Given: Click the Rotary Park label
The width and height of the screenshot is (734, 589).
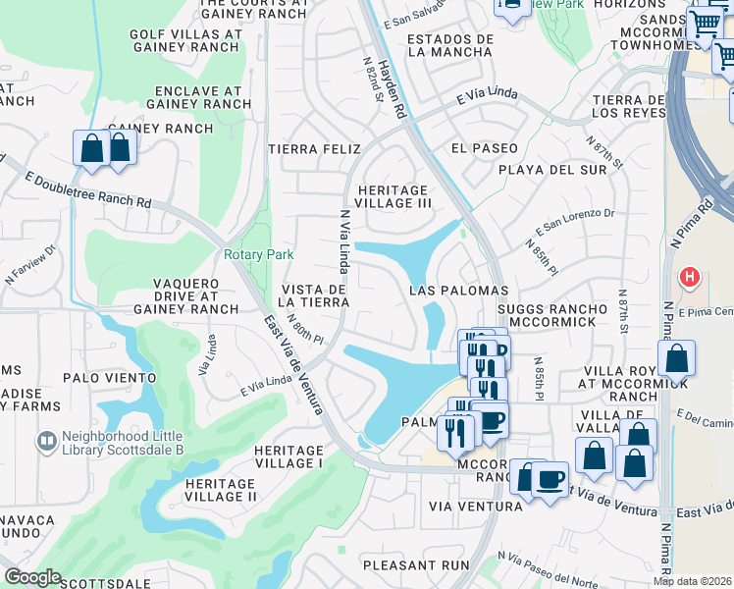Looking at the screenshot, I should coord(258,254).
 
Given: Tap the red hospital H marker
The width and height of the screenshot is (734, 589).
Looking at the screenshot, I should coord(690,278).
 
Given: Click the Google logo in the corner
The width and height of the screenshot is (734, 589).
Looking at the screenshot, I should coord(32,577).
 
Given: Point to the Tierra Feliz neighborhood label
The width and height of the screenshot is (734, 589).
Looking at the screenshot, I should coord(314,148).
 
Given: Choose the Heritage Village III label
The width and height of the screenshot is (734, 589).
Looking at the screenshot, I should coord(393,196).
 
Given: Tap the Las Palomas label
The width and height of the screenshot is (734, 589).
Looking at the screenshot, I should coord(458,291).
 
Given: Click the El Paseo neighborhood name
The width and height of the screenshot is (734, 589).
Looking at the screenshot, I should coord(484,148).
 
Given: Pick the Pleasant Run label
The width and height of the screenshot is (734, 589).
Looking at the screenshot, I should coord(416,565).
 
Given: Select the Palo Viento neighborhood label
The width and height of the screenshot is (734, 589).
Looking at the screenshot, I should coord(109,377).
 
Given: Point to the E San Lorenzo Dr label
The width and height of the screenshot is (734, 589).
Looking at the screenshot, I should coord(575,222).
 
